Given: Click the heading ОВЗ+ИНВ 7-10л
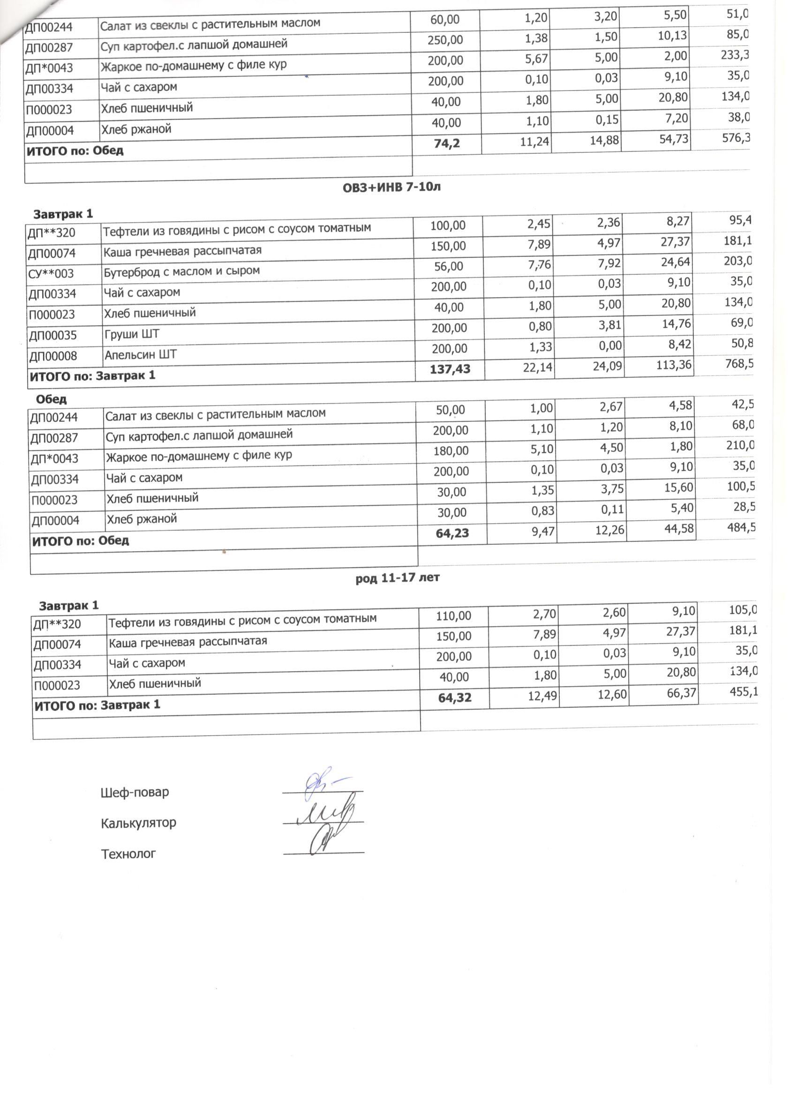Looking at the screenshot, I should [x=391, y=187].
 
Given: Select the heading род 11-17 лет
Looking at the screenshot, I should [x=397, y=578].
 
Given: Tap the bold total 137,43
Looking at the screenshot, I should [x=450, y=370].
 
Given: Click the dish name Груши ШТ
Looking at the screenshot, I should [x=131, y=334].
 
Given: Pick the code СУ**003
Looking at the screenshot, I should [x=51, y=273].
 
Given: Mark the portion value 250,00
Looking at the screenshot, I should [x=444, y=40].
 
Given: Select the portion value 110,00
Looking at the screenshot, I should [x=453, y=616].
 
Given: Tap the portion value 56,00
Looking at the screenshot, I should [x=448, y=266].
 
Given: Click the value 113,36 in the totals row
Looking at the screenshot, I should [x=673, y=365].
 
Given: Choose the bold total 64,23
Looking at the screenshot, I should [x=452, y=533].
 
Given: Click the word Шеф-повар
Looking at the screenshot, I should [x=135, y=793].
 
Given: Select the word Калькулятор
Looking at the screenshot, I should [x=138, y=823].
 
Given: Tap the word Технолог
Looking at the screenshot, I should [x=128, y=854].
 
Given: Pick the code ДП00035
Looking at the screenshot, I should [x=53, y=335].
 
